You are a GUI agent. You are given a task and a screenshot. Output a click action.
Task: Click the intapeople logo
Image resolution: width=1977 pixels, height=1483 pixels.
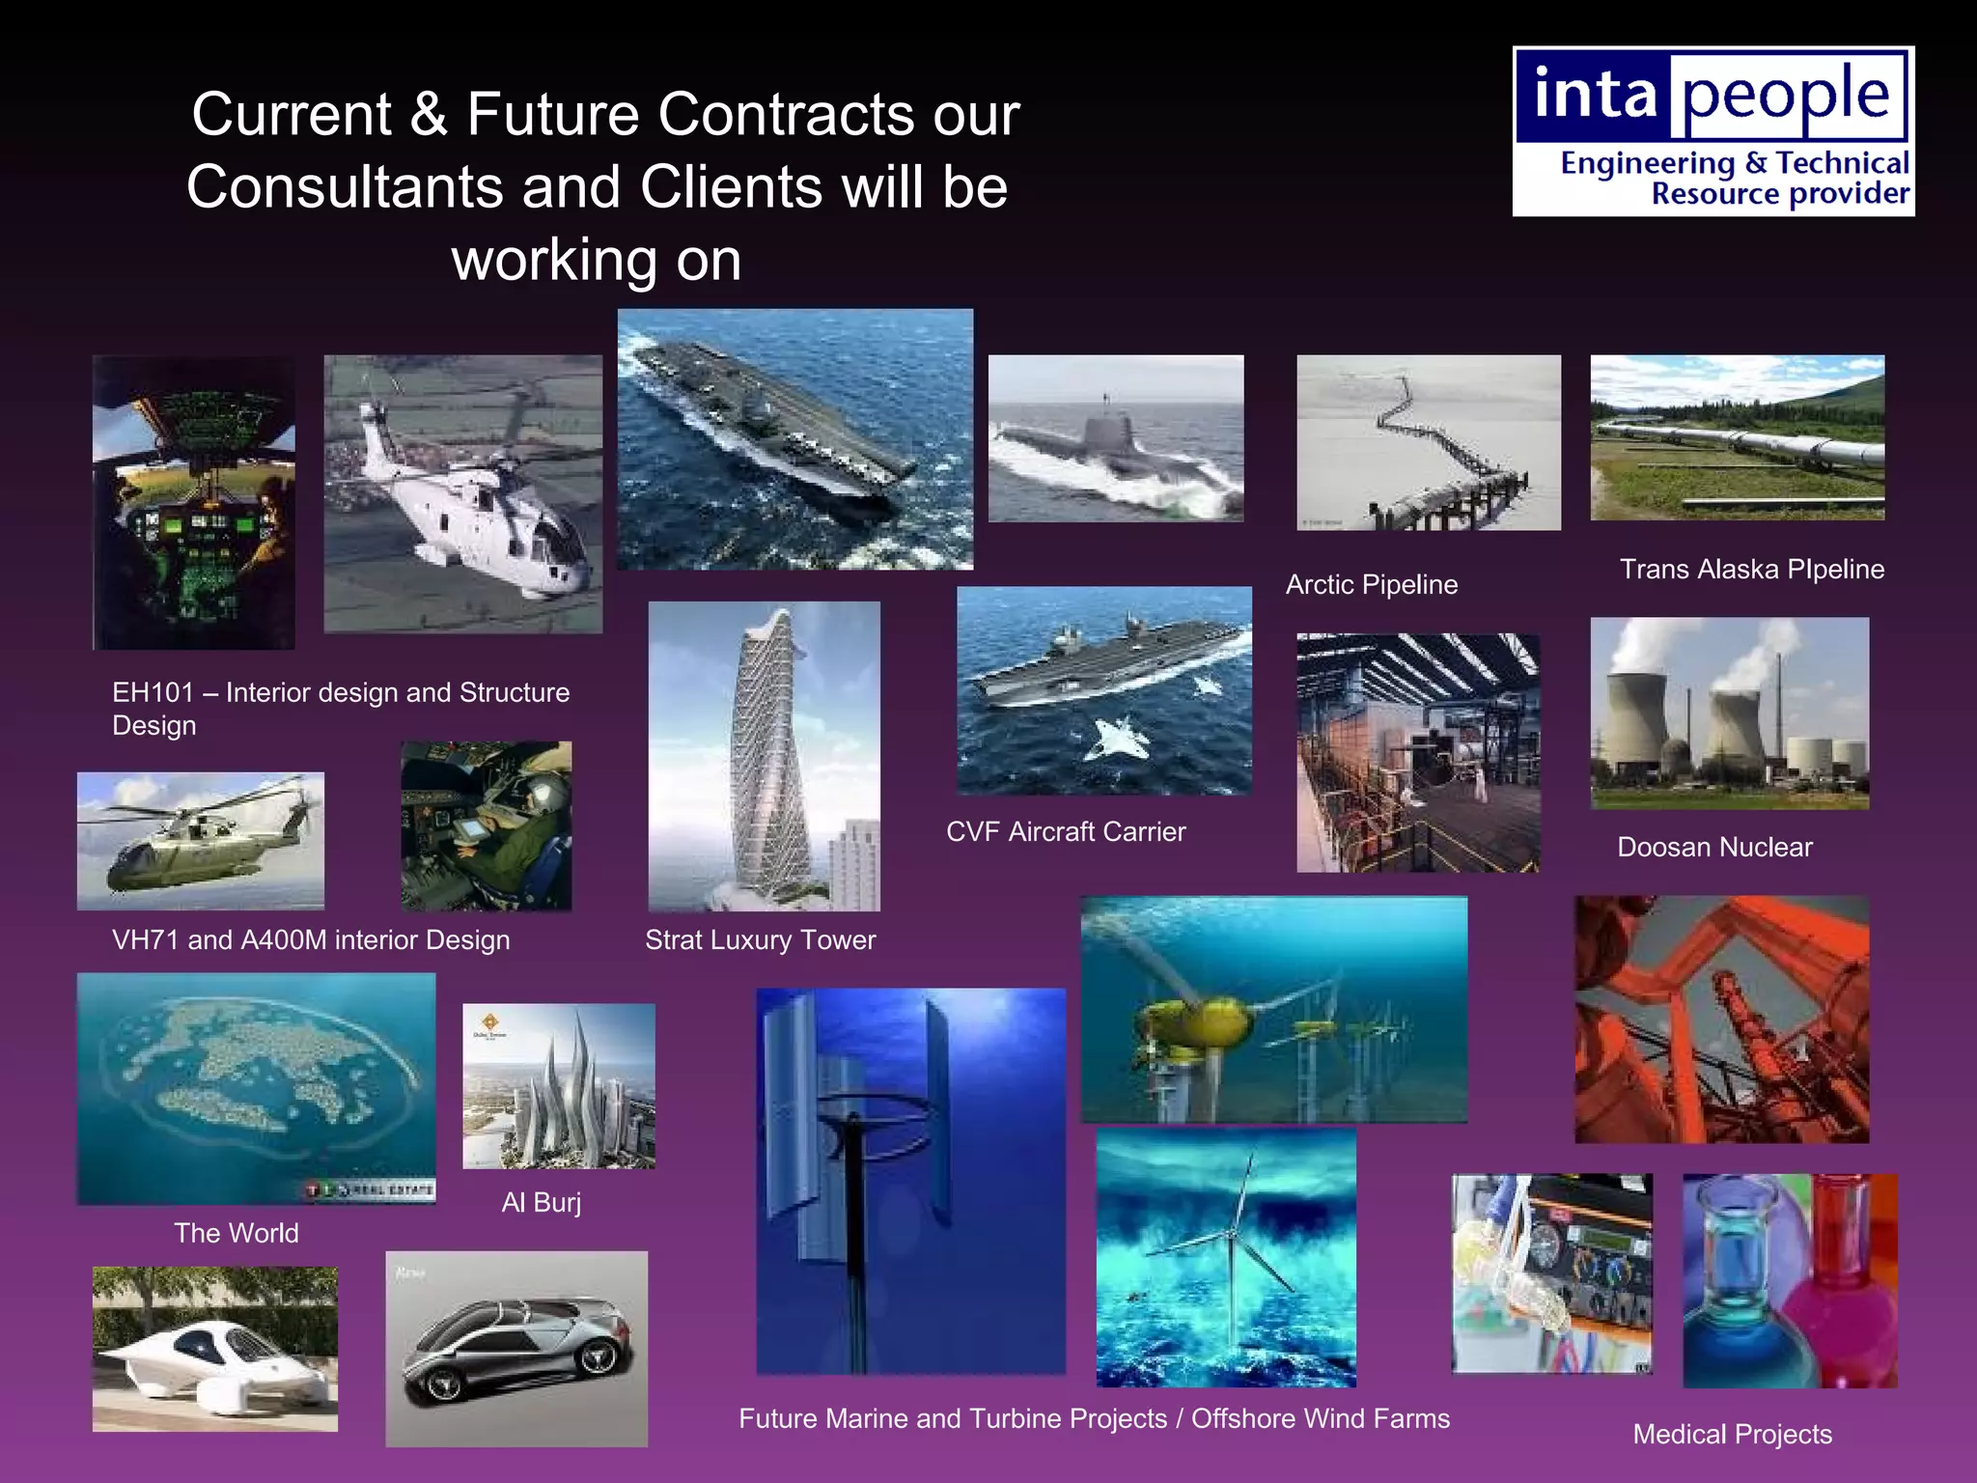coord(1712,131)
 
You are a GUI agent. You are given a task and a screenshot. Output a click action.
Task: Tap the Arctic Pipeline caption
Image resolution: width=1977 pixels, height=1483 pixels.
coord(1371,585)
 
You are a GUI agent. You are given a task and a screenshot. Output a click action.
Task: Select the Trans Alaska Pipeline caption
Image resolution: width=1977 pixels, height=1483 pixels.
coord(1751,570)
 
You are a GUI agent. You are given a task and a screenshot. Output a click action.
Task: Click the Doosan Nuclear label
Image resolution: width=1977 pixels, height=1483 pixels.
coord(1714,848)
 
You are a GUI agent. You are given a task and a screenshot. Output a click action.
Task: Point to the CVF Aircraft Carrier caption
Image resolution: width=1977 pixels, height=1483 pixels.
coord(1065,832)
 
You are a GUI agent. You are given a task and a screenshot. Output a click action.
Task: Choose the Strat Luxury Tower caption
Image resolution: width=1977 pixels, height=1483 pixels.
coord(760,940)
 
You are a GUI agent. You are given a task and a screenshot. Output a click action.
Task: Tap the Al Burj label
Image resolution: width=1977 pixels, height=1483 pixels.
coord(541,1203)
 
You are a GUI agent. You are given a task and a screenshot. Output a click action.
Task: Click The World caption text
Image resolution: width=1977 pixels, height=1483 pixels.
coord(237,1234)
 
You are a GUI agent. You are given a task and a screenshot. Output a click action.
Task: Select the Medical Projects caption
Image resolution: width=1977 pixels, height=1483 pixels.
coord(1732,1435)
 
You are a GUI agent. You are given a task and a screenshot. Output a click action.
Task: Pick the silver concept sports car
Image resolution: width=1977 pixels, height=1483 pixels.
coord(516,1352)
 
